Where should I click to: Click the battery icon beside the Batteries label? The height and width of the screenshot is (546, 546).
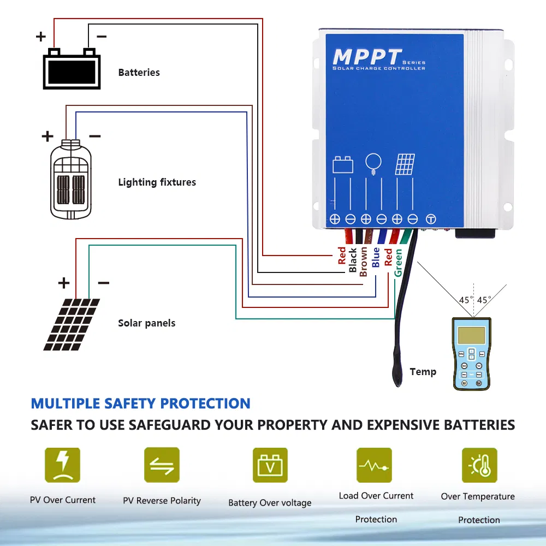72,69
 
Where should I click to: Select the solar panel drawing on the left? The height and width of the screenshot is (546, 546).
72,324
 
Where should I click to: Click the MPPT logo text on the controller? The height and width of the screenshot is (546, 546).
367,57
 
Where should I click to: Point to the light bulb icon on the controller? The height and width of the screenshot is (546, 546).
373,163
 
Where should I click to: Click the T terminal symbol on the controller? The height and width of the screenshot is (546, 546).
431,219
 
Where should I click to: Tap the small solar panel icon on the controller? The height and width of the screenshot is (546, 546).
405,164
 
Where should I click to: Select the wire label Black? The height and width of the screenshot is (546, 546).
353,260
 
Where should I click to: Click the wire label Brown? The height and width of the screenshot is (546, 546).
364,262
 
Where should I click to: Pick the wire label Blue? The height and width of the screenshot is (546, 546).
376,257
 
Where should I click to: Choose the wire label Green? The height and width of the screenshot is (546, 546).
399,263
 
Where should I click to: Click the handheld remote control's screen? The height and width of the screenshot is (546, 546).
471,335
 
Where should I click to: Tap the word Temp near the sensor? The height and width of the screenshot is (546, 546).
423,372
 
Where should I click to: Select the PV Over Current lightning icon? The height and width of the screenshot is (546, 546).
62,465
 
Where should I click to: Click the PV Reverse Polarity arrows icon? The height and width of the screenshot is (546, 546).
162,465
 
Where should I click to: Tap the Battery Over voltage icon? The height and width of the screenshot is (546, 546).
270,465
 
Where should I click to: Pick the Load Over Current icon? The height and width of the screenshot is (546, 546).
374,465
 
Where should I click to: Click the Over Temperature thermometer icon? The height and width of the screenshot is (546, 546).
479,465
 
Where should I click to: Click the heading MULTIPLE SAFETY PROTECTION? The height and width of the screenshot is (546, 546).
141,403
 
